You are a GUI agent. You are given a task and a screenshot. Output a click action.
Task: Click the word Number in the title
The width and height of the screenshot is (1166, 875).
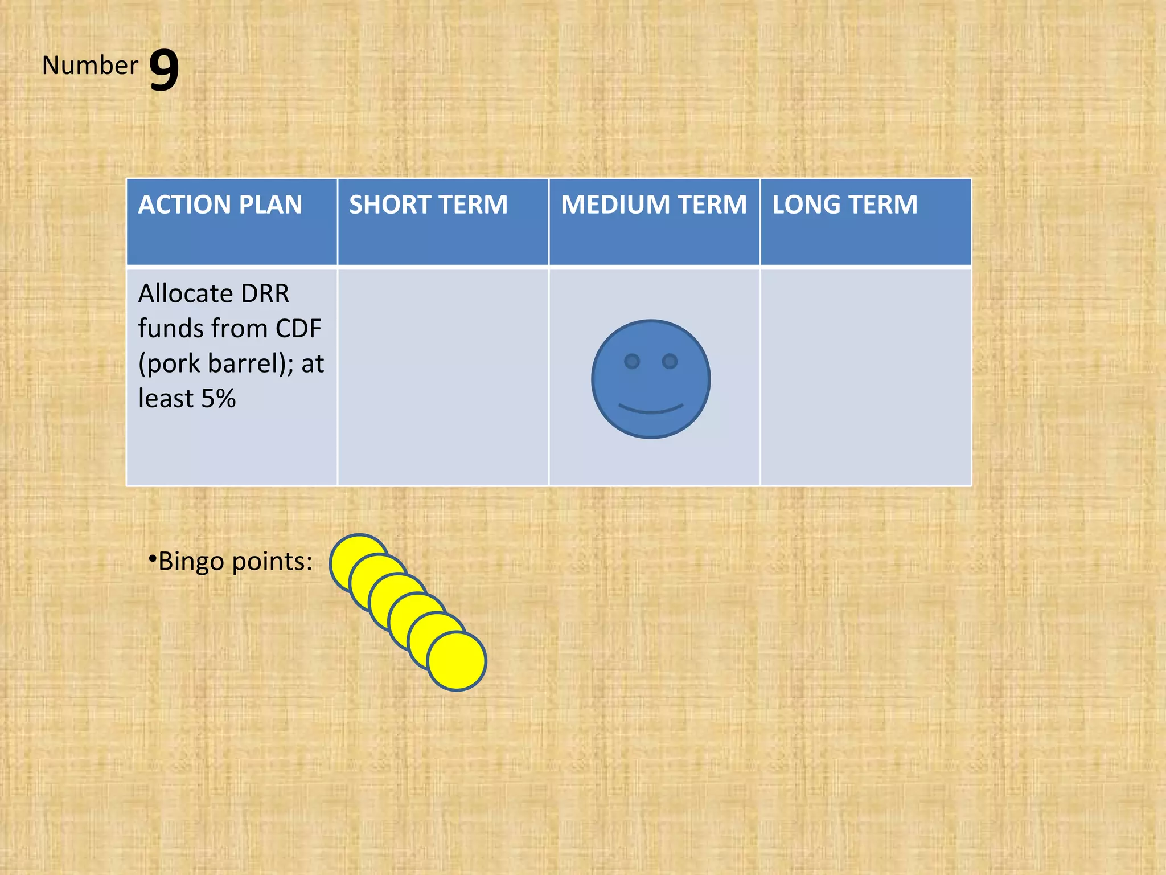point(90,66)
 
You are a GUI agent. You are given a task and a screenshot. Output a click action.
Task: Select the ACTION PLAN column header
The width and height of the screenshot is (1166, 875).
point(220,205)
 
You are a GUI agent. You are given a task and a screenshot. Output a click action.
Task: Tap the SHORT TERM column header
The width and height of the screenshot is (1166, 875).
point(428,205)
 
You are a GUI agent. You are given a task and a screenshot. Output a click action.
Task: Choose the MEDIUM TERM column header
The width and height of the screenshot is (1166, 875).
point(654,205)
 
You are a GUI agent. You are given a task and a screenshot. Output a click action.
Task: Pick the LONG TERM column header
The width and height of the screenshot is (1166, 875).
point(845,205)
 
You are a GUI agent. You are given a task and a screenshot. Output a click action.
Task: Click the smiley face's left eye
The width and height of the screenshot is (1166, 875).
point(632,361)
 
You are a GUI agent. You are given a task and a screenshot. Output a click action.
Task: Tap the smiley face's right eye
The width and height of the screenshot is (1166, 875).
point(670,361)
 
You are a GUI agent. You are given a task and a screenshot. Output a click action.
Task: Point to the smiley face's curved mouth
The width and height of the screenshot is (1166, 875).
point(651,409)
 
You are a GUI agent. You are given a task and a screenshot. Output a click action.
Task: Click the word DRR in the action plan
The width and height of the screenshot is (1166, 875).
point(265,294)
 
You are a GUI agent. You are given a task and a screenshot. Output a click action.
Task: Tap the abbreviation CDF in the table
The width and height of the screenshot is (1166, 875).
point(298,329)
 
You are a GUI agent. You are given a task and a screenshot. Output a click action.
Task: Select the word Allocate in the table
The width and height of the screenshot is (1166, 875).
point(186,294)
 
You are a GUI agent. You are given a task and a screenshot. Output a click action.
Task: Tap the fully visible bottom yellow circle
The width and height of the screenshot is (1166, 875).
point(457,662)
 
